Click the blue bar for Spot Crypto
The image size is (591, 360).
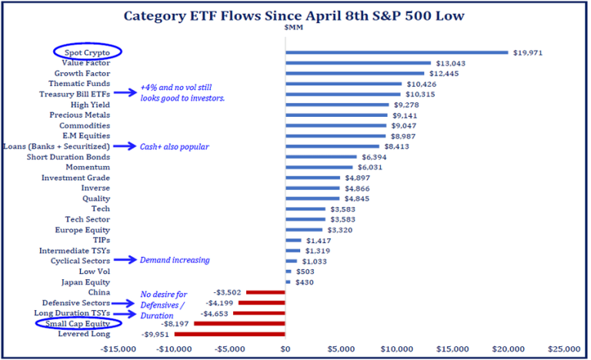[x=396, y=52]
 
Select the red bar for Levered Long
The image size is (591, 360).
[x=230, y=334]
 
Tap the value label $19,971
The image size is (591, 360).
[x=529, y=52]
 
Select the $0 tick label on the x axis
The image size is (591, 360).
[x=285, y=349]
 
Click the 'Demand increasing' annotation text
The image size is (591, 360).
[x=175, y=260]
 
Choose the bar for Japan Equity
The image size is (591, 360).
[x=288, y=282]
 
